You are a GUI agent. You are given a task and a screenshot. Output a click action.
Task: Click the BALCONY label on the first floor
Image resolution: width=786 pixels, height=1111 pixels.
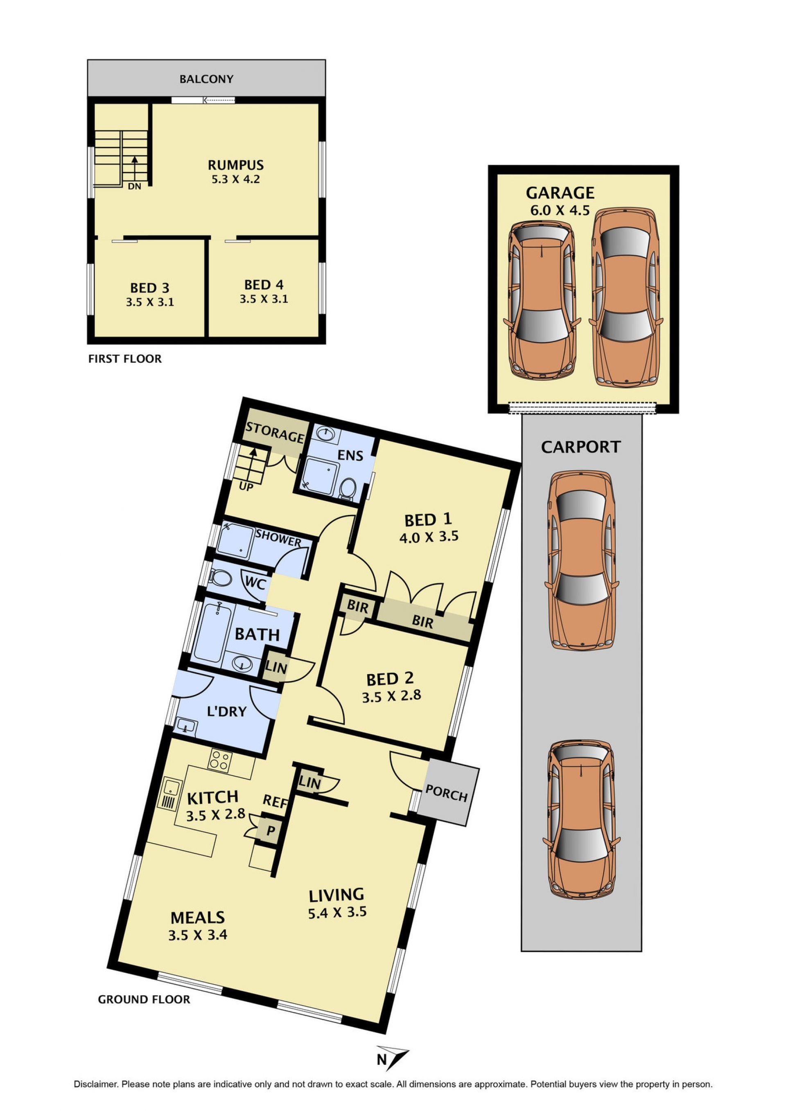point(206,79)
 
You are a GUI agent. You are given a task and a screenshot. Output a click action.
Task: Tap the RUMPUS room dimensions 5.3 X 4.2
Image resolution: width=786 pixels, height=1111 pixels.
point(235,180)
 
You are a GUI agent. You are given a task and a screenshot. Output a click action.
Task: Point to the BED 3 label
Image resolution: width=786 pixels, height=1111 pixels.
point(150,288)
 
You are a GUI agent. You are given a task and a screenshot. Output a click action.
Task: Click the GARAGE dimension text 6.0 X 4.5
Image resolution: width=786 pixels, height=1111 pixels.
point(560,211)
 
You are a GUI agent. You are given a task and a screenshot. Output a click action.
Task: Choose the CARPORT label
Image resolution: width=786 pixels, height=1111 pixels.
point(580,447)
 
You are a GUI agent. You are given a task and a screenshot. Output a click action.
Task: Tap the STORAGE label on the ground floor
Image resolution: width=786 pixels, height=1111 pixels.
point(275,432)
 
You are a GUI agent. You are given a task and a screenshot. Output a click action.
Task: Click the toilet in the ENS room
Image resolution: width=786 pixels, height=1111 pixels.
point(347,489)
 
